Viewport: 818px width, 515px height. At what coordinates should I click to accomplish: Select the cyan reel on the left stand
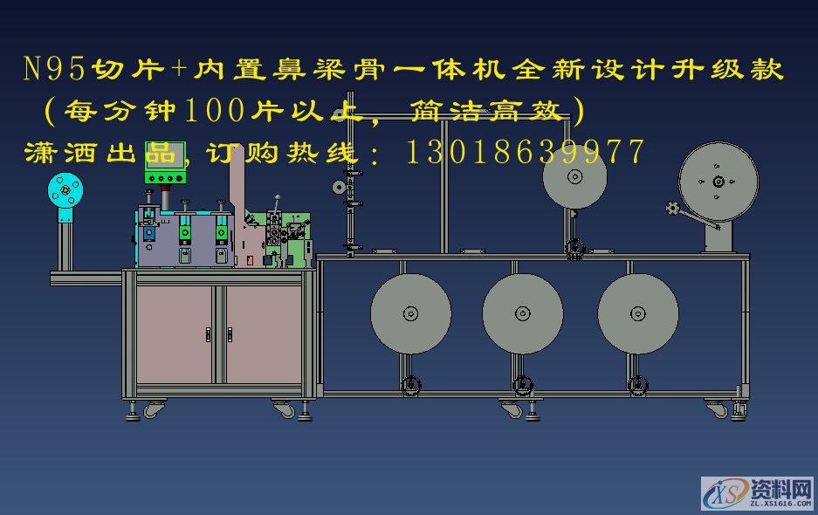coord(65,190)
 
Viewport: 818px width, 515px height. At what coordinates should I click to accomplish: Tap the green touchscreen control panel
coord(165,157)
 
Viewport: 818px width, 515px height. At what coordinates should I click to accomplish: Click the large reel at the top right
coord(718,182)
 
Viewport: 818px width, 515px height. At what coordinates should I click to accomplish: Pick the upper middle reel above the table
coord(574,177)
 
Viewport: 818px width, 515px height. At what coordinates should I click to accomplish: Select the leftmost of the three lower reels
coord(410,313)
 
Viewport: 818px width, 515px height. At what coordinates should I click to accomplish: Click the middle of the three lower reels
coord(522,313)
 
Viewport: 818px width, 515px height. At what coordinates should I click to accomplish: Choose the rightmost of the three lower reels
coord(637,313)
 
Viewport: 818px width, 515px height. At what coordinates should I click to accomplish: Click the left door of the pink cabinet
coord(174,333)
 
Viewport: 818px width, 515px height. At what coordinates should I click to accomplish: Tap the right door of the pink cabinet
coord(263,333)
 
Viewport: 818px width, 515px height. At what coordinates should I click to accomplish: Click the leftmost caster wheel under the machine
coord(154,409)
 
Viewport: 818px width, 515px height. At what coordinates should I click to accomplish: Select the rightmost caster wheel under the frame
coord(716,409)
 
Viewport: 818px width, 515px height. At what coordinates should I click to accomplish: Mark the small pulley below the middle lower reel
coord(522,385)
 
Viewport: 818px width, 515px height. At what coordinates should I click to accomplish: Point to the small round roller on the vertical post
coord(339,187)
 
